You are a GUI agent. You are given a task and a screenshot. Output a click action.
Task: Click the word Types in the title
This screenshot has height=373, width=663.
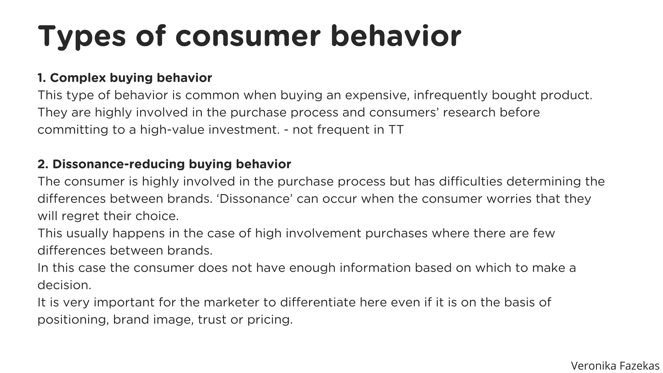coord(82,36)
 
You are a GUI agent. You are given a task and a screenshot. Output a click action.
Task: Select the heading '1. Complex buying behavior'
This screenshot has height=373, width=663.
coord(125,78)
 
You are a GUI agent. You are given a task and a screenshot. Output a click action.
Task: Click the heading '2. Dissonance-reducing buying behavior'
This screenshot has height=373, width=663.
coord(164,164)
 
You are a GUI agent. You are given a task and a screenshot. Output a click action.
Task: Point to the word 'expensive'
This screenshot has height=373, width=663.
coord(377,95)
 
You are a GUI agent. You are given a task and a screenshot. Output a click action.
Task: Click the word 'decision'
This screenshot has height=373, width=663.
coord(64,285)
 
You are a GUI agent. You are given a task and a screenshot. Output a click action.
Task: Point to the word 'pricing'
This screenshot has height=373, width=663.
coord(270,320)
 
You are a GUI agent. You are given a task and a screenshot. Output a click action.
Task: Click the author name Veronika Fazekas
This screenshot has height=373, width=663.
coord(615,366)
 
